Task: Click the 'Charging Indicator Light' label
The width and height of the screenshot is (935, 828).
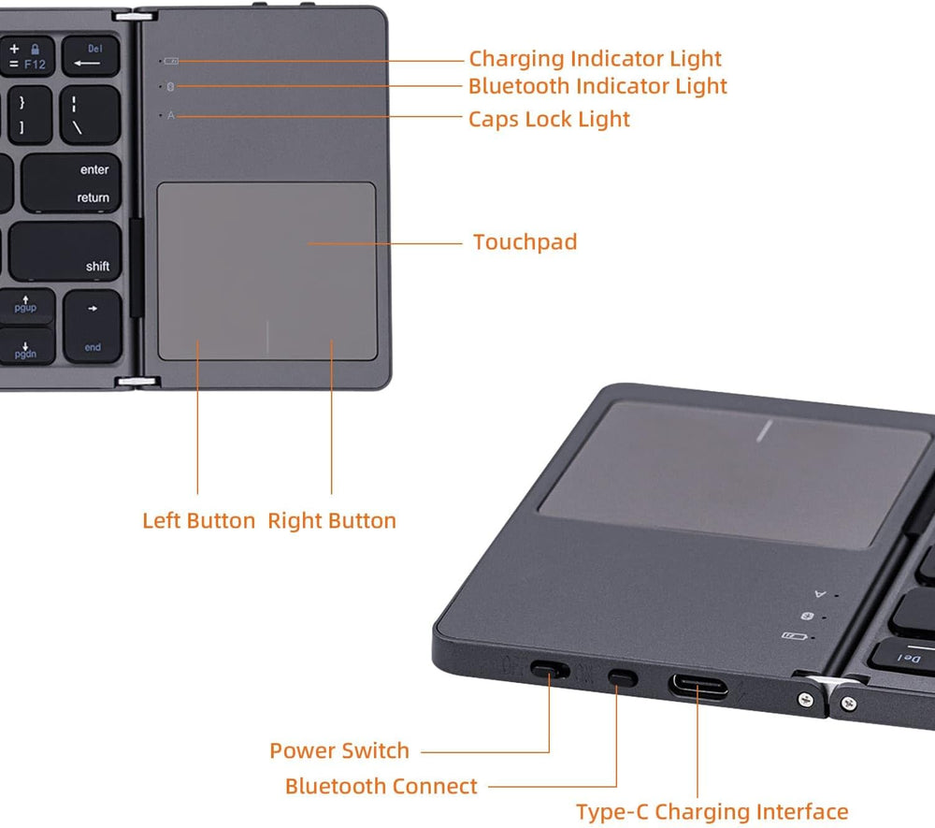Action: coord(595,59)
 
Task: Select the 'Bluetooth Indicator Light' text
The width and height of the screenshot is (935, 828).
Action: coord(597,86)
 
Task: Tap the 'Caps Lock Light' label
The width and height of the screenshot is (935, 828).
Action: coord(549,119)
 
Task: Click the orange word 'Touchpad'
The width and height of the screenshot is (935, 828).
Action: coord(525,242)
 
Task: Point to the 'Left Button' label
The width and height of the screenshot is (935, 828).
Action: coord(198,520)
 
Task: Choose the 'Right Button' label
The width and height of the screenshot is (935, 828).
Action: coord(332,520)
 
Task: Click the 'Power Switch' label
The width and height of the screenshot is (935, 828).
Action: coord(339,750)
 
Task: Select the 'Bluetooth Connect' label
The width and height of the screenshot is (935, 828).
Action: coord(381,786)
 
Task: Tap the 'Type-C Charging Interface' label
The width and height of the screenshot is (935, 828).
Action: coord(712,812)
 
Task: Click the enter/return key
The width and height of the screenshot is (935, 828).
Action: coord(73,183)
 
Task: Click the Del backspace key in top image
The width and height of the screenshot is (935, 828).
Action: coord(91,56)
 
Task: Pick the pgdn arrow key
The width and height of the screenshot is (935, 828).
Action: coord(25,349)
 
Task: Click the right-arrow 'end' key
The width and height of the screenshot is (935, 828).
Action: coord(93,326)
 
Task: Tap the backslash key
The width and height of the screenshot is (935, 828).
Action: coord(91,115)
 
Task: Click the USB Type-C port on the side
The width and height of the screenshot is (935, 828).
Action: coord(698,683)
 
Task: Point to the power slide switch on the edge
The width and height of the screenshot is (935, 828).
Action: coord(549,670)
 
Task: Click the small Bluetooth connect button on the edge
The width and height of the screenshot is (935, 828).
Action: coord(622,676)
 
